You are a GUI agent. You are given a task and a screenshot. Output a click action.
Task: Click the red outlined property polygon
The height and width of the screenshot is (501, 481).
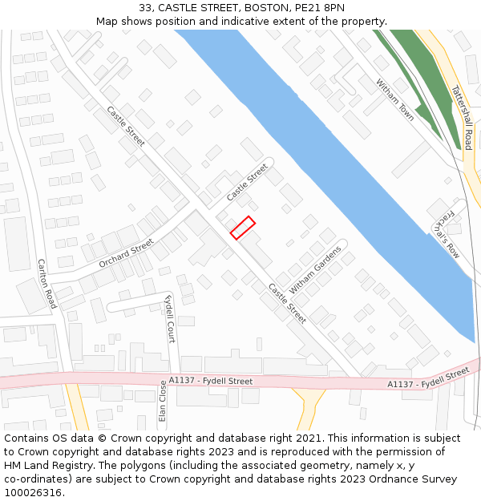click(243, 228)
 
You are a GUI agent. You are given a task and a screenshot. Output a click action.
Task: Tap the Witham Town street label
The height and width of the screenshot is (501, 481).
click(395, 99)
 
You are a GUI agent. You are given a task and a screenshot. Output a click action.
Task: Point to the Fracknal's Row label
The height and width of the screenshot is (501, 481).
click(447, 233)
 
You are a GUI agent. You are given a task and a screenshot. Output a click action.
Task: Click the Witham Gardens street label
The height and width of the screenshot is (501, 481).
click(315, 269)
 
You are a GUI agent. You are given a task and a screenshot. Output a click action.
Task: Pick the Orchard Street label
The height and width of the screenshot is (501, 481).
click(126, 254)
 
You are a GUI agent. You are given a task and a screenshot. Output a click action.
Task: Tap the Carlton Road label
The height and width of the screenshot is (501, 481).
click(47, 283)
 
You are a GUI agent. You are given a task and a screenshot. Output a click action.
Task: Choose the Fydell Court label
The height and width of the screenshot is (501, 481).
click(170, 318)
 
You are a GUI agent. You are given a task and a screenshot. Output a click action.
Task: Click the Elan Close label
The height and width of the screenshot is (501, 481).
click(163, 401)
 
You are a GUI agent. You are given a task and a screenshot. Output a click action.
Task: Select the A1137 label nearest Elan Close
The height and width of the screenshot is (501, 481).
click(211, 381)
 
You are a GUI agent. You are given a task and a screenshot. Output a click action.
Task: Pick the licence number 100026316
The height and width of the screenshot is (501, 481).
click(31, 493)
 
